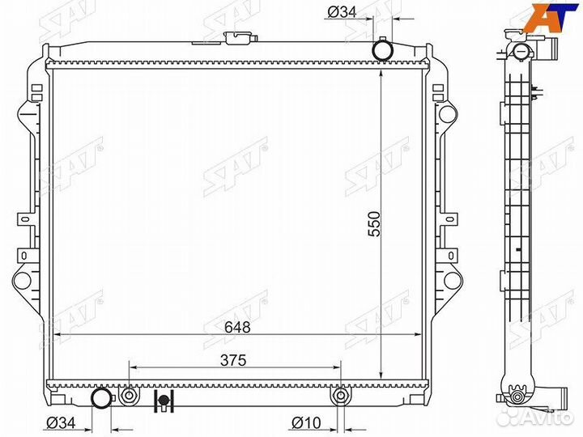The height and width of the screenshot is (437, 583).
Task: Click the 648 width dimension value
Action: (237, 327)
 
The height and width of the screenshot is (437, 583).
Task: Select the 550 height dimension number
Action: (374, 224)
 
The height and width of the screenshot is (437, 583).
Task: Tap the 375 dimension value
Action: (233, 360)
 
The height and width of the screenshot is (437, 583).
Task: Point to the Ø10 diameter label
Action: (306, 423)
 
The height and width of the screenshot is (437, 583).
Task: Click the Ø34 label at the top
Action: (342, 12)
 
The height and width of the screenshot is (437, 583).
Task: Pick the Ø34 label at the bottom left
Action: (61, 423)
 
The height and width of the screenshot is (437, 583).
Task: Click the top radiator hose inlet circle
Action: (383, 49)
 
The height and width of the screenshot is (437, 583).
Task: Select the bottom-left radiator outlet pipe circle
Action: (101, 398)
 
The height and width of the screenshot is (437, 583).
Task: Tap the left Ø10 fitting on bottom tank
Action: (129, 395)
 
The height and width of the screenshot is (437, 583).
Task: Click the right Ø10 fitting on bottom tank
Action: (340, 396)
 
